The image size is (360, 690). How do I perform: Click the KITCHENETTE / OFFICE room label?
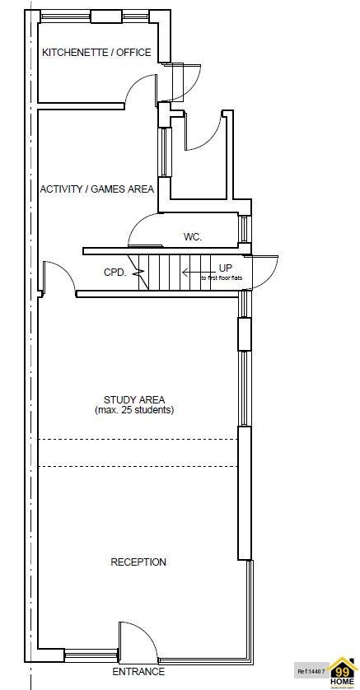coord(96,53)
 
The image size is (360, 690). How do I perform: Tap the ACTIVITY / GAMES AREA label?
coord(96,189)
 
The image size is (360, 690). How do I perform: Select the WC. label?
coord(192,237)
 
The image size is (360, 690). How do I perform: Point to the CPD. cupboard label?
coord(115,273)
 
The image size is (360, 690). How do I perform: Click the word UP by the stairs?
coord(225,268)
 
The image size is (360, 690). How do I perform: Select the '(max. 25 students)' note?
coord(134,410)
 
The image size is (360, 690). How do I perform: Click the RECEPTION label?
coord(138,562)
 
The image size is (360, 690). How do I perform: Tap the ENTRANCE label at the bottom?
coord(138,672)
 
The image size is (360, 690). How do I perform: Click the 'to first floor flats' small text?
coord(222,278)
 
